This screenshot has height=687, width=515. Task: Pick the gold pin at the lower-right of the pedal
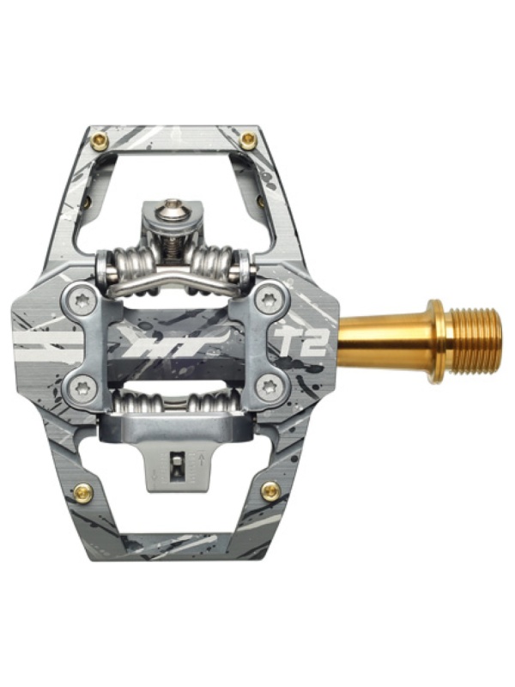click(271, 491)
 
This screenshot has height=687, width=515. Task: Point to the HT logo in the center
click(170, 343)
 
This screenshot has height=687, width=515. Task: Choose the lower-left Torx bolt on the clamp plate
click(82, 386)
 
